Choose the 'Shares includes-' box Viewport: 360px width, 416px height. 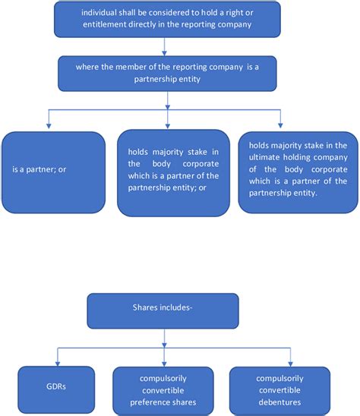[163, 310]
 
